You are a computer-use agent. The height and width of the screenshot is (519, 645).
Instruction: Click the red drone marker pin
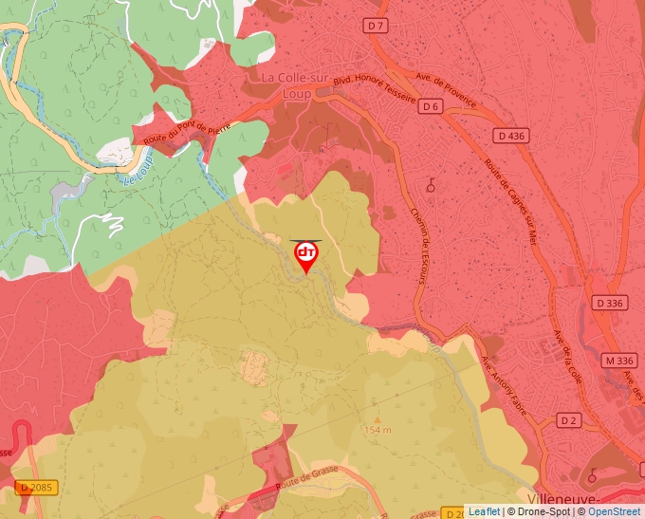point(306,255)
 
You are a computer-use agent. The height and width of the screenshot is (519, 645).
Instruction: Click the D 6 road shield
point(431,105)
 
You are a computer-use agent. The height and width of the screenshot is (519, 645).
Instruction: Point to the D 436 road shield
point(511,136)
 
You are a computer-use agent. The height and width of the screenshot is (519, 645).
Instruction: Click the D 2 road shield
point(568,419)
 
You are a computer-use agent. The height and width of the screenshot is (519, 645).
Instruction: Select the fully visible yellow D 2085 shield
point(37,488)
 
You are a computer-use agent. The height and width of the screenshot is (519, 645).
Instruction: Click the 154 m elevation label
point(377,430)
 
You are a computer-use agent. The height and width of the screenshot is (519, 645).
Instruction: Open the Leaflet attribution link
point(484,511)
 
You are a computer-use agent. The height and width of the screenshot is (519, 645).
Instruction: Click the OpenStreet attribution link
point(614,511)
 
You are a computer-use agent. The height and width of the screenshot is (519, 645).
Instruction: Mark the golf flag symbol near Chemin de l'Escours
point(432,185)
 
